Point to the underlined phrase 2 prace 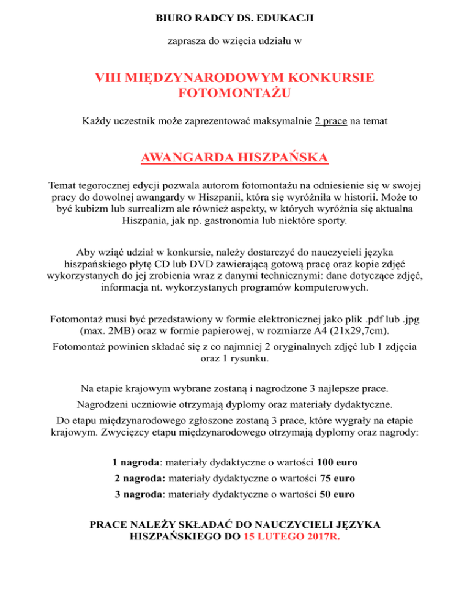point(331,122)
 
